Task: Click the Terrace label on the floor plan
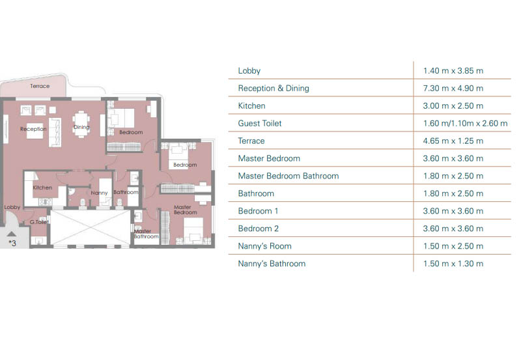40,86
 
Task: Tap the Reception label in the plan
33,129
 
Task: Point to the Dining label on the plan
81,127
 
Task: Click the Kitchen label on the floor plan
42,187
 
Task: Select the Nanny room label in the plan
100,193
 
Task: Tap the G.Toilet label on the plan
39,222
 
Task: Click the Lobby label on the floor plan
12,207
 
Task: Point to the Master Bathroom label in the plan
146,234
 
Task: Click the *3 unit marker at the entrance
12,243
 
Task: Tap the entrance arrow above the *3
11,234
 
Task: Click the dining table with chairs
81,124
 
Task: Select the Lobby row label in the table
249,71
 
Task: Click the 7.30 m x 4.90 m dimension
453,89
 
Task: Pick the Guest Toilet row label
260,124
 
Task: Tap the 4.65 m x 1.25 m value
453,141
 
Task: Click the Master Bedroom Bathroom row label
289,176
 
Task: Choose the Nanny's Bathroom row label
272,264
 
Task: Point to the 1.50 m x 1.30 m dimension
453,264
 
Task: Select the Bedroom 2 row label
258,228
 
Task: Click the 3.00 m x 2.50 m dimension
453,106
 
